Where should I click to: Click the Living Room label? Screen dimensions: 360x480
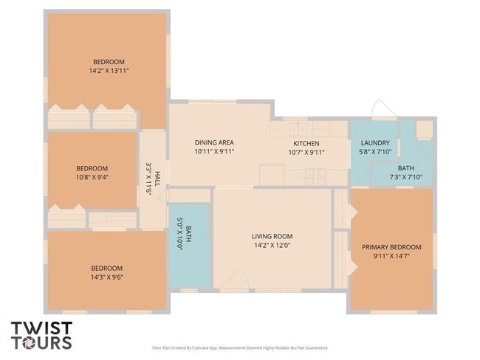tap(272, 237)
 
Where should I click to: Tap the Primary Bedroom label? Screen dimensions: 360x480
tap(391, 247)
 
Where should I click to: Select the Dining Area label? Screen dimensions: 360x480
tap(214, 142)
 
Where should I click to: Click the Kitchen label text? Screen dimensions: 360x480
tap(306, 143)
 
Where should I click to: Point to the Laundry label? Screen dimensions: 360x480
tap(374, 143)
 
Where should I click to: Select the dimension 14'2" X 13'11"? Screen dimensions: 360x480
tap(109, 71)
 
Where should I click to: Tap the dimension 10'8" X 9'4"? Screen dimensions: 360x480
tap(92, 178)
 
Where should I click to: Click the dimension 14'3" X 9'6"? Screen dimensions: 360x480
tap(107, 278)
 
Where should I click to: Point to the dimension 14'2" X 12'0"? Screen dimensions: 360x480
tap(272, 246)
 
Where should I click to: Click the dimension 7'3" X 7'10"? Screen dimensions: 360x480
tap(405, 177)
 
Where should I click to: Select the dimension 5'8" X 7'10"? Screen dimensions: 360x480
tap(374, 152)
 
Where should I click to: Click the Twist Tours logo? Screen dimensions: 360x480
tap(41, 335)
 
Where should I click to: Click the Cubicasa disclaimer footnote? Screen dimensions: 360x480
tap(239, 347)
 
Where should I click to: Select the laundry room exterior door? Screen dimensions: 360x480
tap(383, 111)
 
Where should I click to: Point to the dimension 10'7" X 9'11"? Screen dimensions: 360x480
tap(306, 153)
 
